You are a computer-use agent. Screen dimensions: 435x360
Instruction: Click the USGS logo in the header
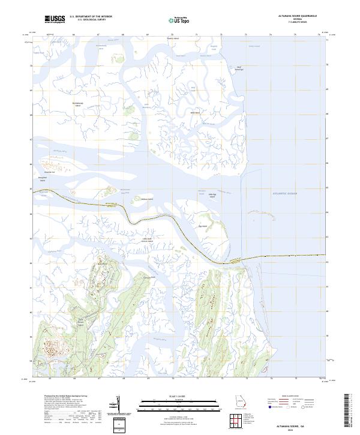tap(55, 20)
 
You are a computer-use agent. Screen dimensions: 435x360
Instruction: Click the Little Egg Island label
tap(212, 196)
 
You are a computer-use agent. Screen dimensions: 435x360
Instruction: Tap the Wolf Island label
tap(194, 113)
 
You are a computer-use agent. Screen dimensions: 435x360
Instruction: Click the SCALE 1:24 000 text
tap(175, 397)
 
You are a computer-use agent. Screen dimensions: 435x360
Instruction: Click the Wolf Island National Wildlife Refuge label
tap(239, 68)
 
